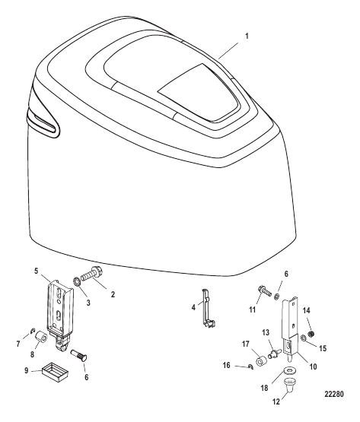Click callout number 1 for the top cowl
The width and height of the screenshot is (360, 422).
tap(247, 36)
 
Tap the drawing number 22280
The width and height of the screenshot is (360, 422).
tap(334, 394)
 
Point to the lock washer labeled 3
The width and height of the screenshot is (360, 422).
tap(75, 282)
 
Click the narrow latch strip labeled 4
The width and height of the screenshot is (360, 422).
tap(207, 309)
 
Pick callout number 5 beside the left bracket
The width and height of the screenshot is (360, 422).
tap(37, 271)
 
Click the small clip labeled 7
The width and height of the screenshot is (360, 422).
tap(33, 331)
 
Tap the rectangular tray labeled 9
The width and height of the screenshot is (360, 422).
tap(55, 373)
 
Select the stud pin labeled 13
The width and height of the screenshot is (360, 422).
tap(276, 353)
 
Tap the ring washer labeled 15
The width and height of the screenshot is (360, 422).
tap(303, 338)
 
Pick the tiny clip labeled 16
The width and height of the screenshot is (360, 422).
tap(250, 366)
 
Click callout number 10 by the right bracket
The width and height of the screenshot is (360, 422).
tap(314, 366)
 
